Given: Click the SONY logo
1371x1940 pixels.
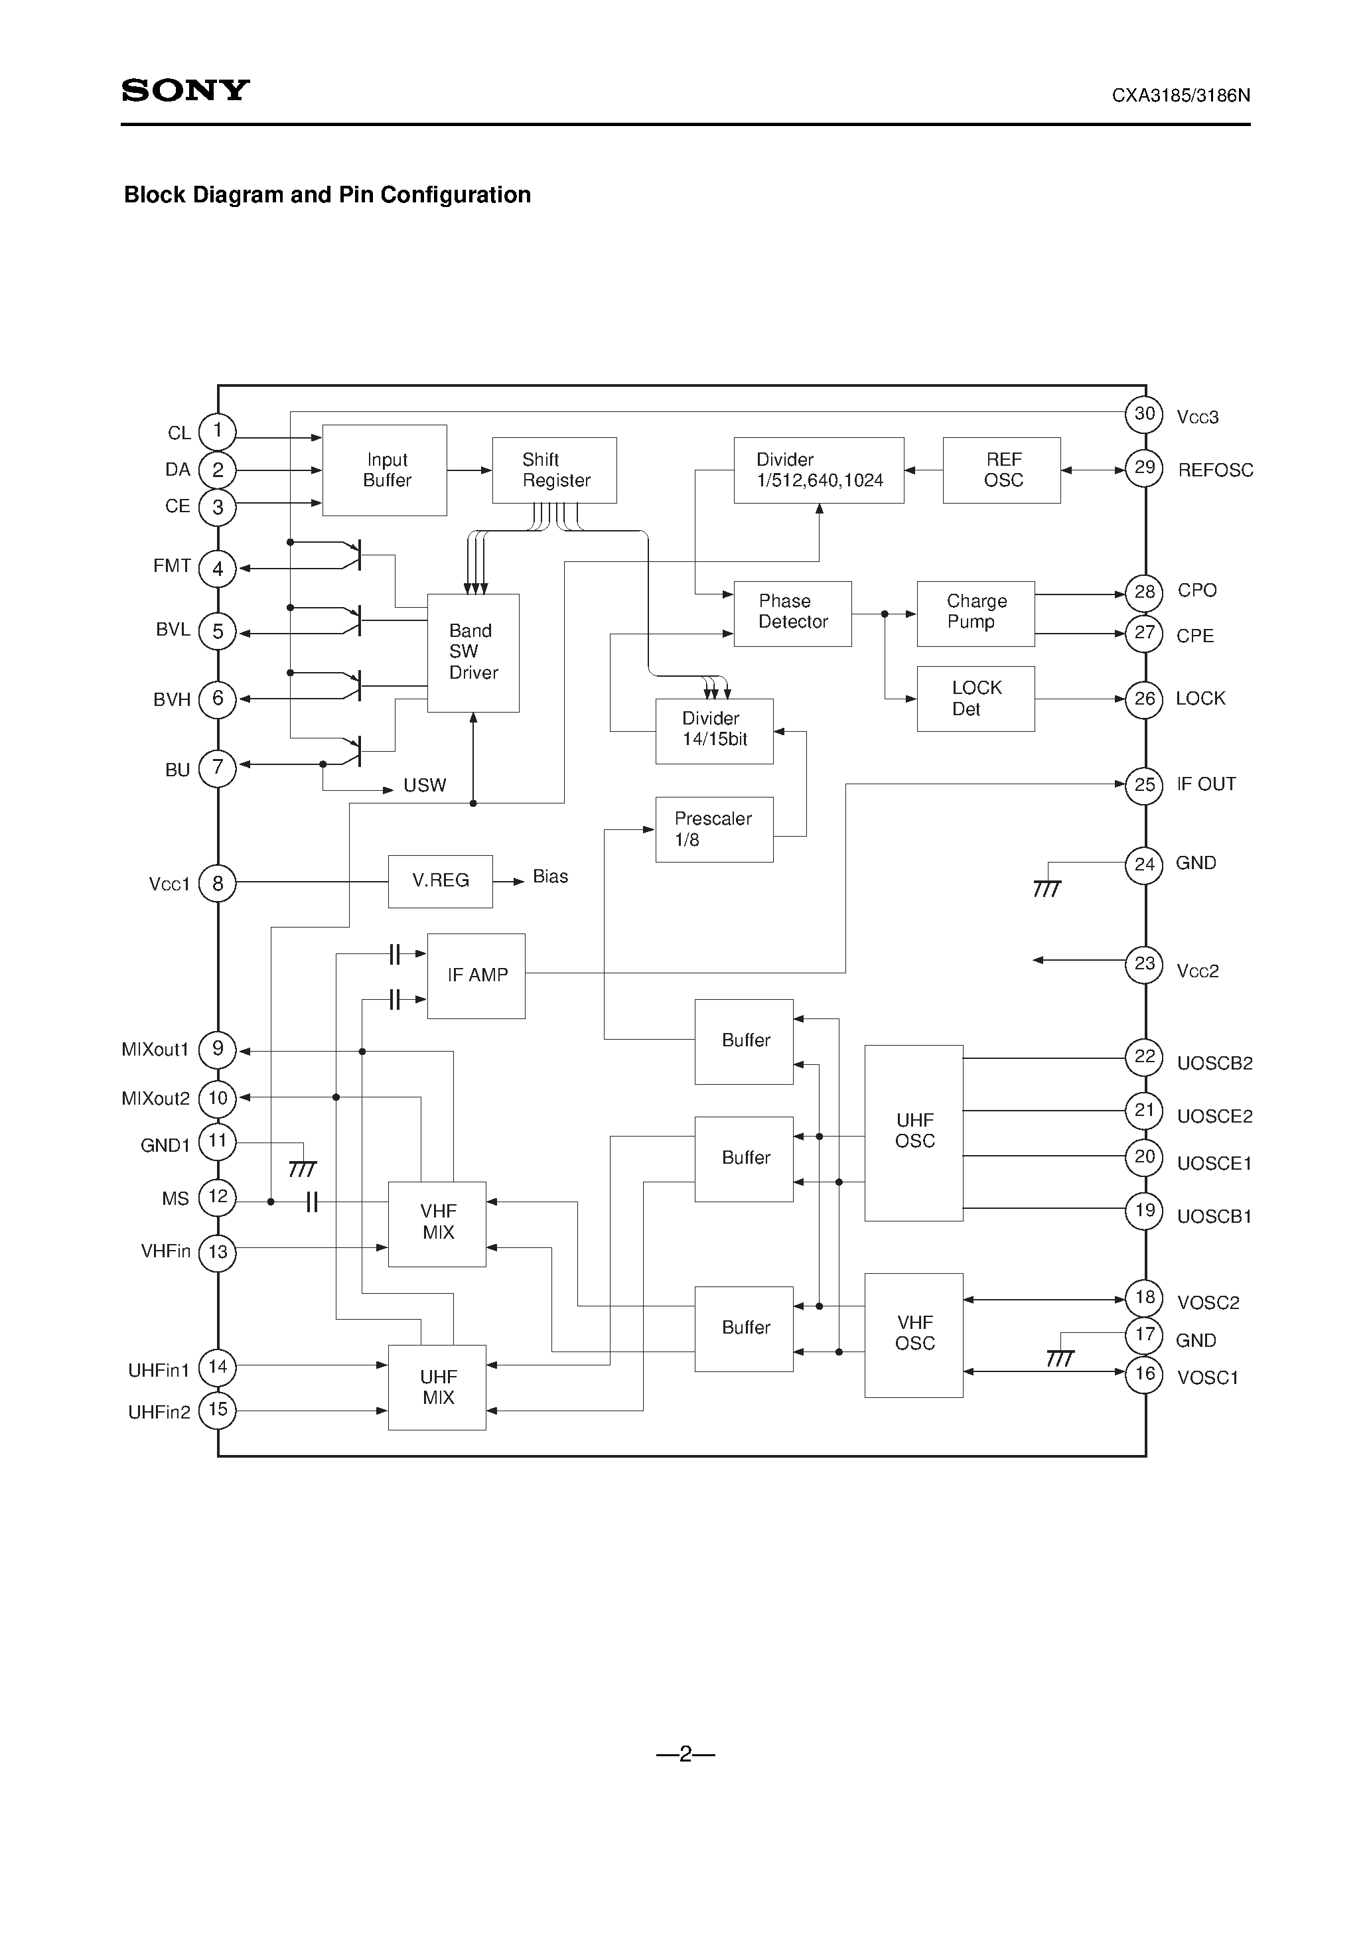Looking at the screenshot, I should click(x=185, y=90).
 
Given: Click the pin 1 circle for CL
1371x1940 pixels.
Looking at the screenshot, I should click(x=217, y=431).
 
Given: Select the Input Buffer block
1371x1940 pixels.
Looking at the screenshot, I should click(x=385, y=470).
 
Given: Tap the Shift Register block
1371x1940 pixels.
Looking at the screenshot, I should click(x=555, y=470).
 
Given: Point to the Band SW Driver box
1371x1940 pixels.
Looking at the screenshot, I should click(x=472, y=652).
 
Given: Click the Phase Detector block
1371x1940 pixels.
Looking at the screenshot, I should click(x=792, y=614).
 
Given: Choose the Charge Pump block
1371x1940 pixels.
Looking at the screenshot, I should click(x=975, y=614).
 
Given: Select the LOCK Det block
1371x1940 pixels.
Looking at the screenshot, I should click(x=975, y=699).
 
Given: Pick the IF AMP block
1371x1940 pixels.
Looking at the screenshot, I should click(x=476, y=976).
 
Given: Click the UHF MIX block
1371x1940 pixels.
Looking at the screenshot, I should click(x=437, y=1387).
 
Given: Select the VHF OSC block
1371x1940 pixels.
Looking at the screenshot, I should click(x=914, y=1334).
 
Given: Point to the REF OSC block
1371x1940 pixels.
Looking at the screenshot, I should click(x=1001, y=470).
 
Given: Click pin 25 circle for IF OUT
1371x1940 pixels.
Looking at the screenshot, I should click(x=1145, y=785).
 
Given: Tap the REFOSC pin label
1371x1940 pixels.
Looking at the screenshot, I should click(x=1214, y=470).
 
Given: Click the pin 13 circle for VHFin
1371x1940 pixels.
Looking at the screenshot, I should click(x=217, y=1251).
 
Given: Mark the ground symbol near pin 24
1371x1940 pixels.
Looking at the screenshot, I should click(x=1046, y=888).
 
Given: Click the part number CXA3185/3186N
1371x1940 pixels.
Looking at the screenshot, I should click(x=1180, y=96).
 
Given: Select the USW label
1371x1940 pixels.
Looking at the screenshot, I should click(x=424, y=786).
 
